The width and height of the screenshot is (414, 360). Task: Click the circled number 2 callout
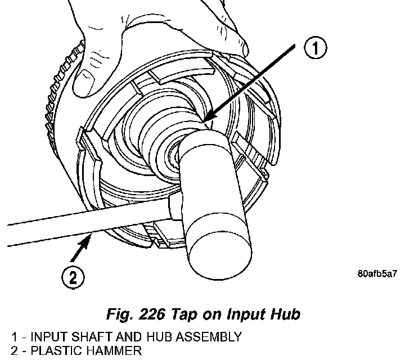click(74, 277)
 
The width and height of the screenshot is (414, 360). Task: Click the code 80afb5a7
click(377, 275)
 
